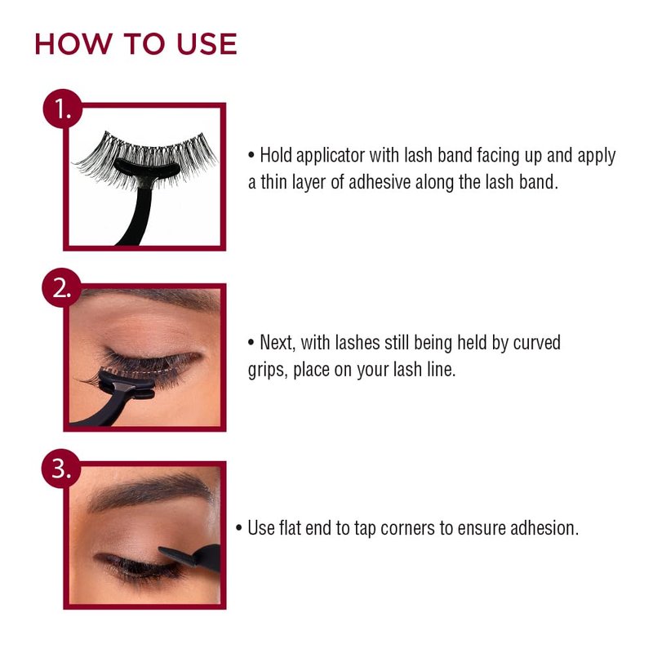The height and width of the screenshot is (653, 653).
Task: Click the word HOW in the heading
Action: pos(73,44)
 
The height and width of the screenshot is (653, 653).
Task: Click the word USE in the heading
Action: pos(207,44)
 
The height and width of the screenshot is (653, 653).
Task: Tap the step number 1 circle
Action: pos(63,109)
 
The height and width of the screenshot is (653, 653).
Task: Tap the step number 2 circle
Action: pos(62,288)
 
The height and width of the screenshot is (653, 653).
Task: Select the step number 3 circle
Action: pos(60,469)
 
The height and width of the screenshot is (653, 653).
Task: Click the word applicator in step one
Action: pos(331,156)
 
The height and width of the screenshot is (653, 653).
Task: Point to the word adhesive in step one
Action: pos(380,182)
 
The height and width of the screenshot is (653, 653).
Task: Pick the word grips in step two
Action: pos(268,371)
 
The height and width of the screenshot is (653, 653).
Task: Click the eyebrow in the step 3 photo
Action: pos(150,491)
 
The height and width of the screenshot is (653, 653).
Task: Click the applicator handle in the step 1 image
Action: pos(137,216)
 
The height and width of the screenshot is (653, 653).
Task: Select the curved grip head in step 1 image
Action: pos(147,168)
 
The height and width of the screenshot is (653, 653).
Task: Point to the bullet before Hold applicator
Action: pos(251,156)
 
